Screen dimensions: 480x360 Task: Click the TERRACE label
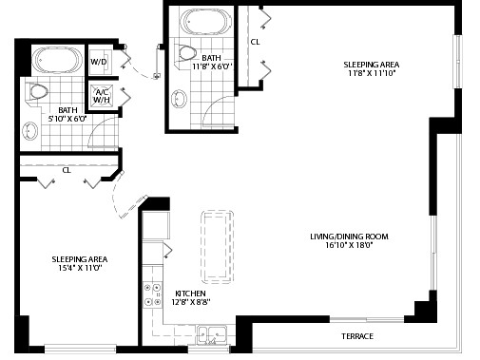click(357, 336)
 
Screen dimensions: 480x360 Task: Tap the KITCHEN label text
click(190, 294)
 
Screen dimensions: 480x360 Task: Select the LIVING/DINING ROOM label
click(349, 237)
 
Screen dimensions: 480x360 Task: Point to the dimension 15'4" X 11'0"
click(80, 268)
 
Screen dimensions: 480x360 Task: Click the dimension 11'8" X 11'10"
click(372, 73)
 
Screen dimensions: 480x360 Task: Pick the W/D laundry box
click(99, 62)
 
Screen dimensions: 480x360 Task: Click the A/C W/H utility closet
click(102, 96)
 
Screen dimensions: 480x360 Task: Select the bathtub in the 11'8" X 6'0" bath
click(205, 22)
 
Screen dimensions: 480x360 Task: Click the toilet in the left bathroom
click(36, 92)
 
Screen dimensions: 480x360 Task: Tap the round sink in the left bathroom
click(30, 131)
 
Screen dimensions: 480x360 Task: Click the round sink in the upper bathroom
click(179, 99)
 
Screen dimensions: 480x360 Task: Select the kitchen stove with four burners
click(153, 295)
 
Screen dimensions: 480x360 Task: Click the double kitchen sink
click(213, 335)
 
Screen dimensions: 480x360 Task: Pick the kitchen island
click(218, 247)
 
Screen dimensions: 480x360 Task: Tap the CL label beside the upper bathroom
click(255, 42)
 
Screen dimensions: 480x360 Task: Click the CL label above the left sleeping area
click(67, 170)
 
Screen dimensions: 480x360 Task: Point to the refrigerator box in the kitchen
click(156, 225)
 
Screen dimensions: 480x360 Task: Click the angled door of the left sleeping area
click(134, 207)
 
